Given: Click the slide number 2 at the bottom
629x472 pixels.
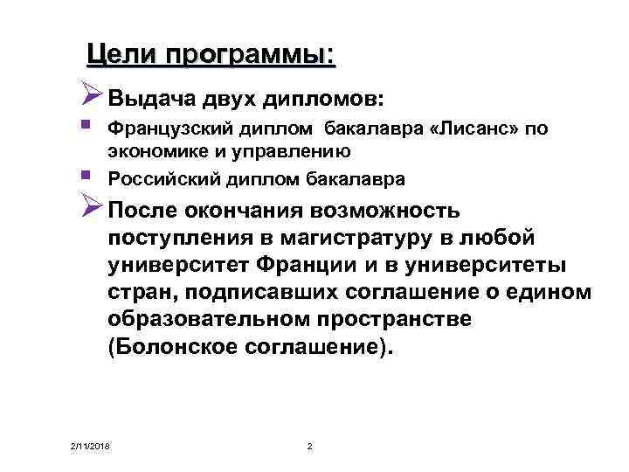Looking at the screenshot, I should point(310,448).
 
